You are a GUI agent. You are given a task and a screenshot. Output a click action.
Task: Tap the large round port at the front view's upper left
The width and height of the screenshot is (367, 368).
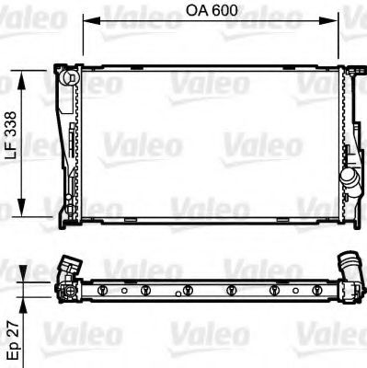click(x=66, y=79)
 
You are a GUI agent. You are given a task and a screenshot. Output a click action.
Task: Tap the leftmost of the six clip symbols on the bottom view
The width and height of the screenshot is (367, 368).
click(x=103, y=292)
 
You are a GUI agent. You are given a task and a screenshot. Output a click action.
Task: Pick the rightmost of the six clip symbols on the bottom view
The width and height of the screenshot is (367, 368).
click(x=316, y=291)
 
